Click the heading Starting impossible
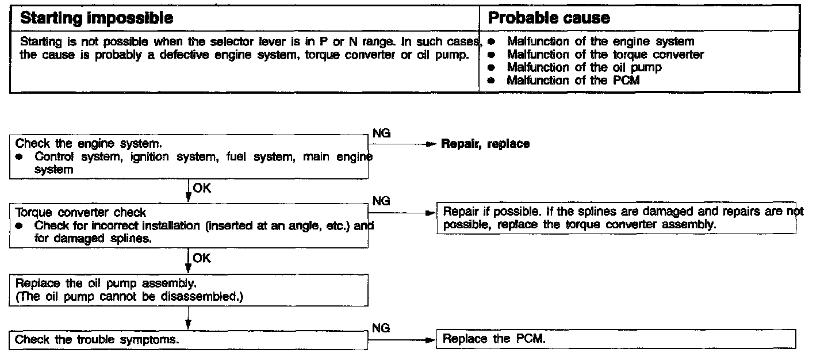(97, 18)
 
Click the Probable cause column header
(549, 18)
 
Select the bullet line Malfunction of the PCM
(573, 81)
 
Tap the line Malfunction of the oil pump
(584, 67)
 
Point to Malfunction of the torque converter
(605, 55)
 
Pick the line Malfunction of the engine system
(600, 41)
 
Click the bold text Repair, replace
(485, 144)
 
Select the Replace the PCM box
(616, 339)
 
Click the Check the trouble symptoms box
(189, 340)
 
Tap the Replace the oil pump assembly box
(189, 289)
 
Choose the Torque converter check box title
(80, 213)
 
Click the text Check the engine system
(93, 144)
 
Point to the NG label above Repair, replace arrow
(381, 133)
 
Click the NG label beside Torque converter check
(381, 201)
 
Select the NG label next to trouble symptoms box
(381, 328)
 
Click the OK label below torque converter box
(202, 258)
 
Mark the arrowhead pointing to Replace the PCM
(429, 340)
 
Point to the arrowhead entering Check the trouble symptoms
(189, 325)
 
